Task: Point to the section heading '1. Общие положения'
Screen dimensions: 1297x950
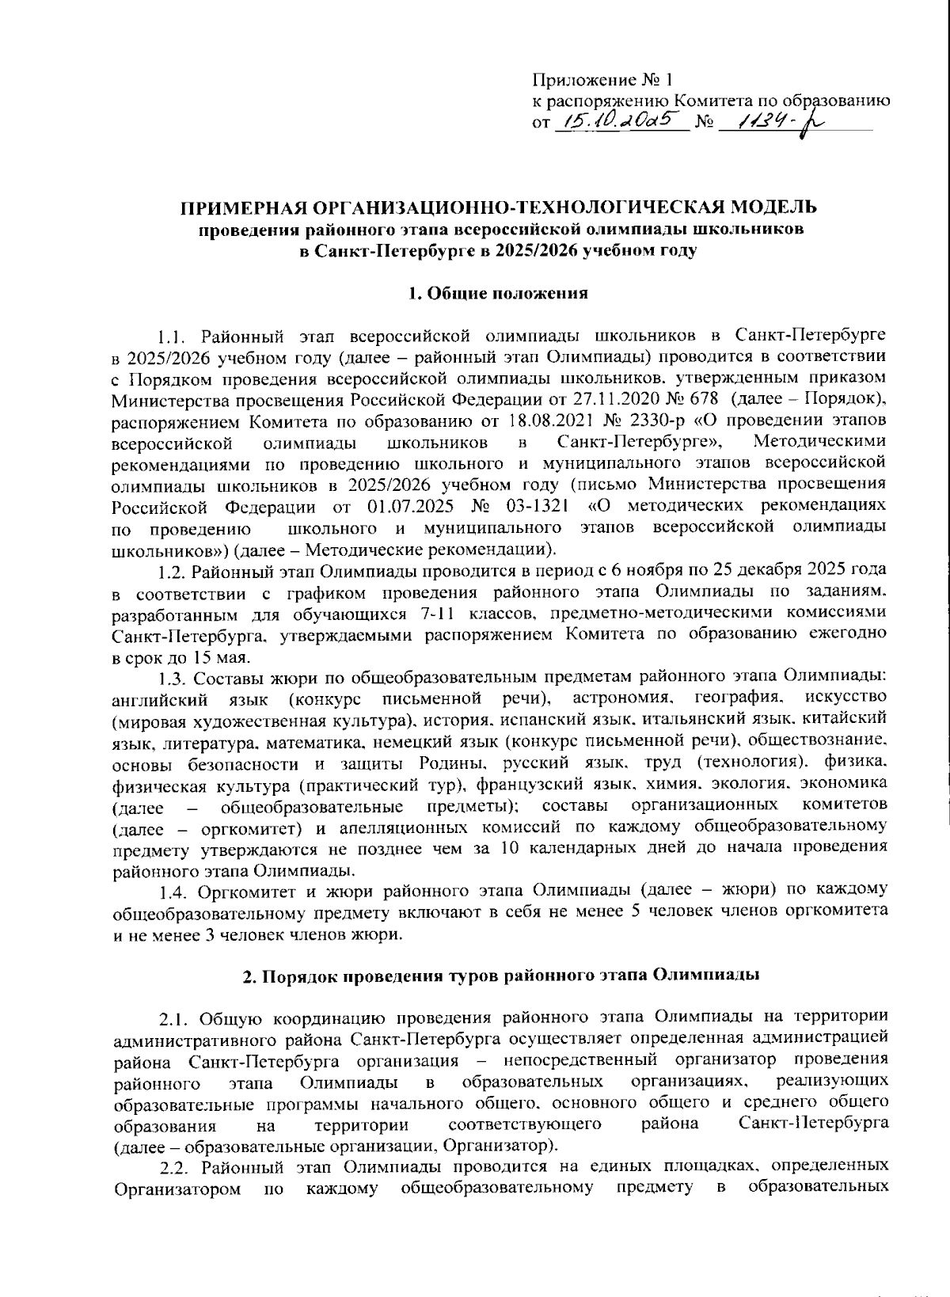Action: (498, 293)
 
